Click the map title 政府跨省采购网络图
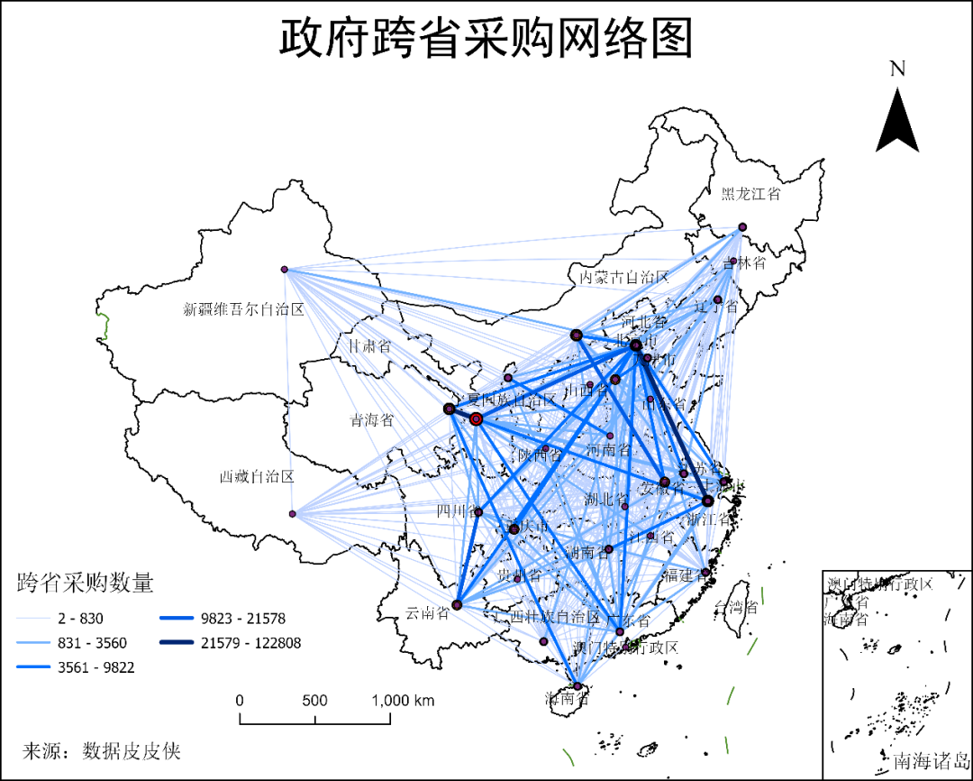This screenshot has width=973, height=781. point(486,39)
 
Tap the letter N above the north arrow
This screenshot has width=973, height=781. point(896,69)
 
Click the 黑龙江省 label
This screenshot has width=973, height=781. point(750,193)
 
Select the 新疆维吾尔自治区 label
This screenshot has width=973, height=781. point(244,309)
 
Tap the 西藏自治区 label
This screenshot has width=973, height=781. point(257,476)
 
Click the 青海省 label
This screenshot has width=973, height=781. point(372,420)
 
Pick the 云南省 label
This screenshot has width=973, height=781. point(427,613)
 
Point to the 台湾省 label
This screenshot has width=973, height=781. point(735,606)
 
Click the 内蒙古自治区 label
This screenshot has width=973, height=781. point(624,277)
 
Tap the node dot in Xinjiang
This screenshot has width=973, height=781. point(284,270)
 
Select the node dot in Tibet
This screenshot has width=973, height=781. point(292,514)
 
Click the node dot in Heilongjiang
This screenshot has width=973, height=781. point(742,227)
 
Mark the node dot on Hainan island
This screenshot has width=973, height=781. point(578,686)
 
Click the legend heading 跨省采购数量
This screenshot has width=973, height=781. point(86,583)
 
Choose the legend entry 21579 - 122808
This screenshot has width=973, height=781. point(251,643)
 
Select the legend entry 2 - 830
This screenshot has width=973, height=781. point(79,619)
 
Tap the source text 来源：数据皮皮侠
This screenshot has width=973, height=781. point(102,750)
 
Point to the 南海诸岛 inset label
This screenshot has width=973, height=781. point(932,761)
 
